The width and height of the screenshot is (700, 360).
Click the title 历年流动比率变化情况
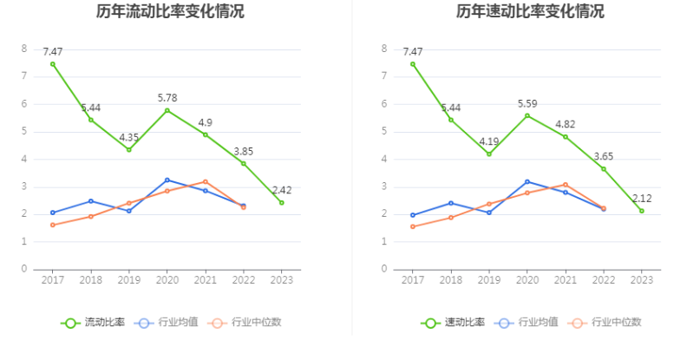pos(170,12)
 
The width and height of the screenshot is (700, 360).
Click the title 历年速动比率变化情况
pos(530,12)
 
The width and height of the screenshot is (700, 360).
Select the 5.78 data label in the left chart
pos(167,97)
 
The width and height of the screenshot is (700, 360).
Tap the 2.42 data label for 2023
pos(282,190)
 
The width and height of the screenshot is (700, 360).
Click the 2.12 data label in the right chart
pos(642,198)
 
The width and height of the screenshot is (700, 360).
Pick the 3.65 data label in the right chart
pos(604,156)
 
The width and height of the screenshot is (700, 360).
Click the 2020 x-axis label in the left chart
pos(167,280)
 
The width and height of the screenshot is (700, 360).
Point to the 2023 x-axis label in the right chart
pos(642,280)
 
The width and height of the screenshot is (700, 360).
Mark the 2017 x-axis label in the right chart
pos(413,280)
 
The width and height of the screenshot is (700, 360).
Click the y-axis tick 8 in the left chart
pos(24,49)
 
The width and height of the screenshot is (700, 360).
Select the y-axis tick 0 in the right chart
pos(384,269)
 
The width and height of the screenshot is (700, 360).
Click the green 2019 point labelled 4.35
pos(129,149)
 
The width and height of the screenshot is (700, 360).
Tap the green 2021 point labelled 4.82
pos(566,136)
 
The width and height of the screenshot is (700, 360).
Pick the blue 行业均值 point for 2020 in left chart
pos(167,180)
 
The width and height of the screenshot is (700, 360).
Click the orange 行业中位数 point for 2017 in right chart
pos(413,226)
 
